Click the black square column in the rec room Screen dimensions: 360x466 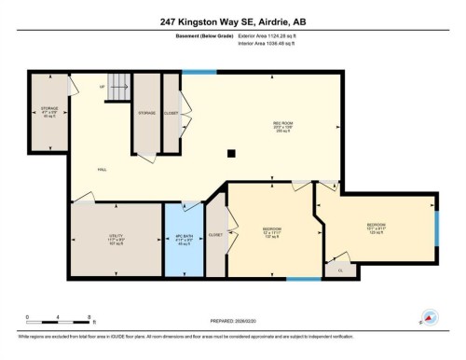[232, 154]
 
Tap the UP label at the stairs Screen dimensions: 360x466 [102, 86]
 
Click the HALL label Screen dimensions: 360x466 [103, 170]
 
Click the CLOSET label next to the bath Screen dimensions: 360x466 [215, 235]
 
